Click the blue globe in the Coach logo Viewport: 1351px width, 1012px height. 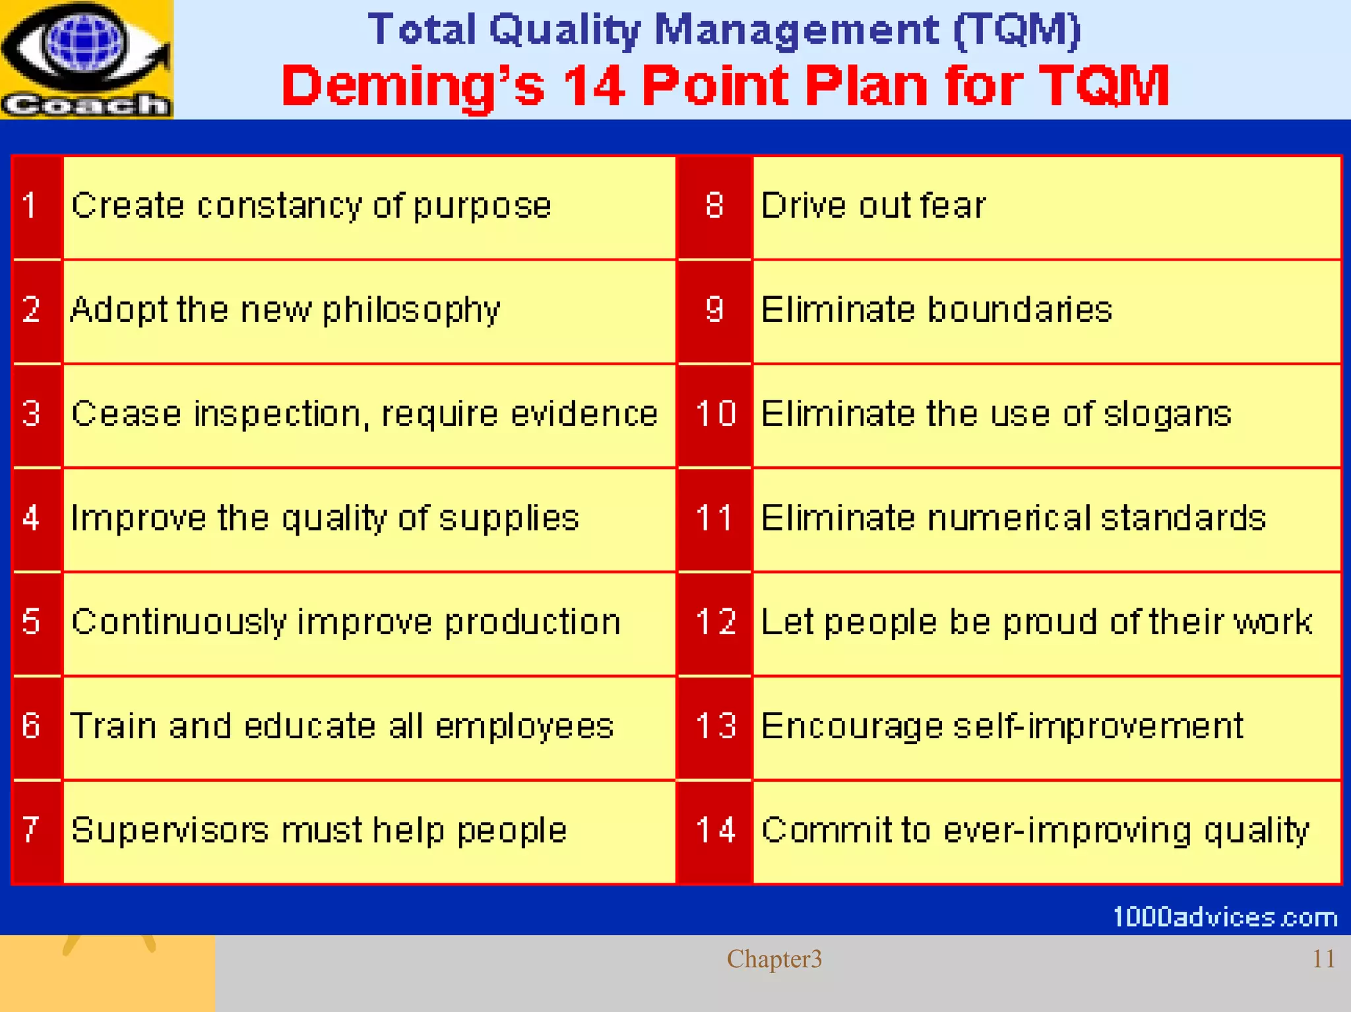84,41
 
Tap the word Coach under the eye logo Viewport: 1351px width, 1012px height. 86,105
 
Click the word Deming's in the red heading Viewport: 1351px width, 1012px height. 413,86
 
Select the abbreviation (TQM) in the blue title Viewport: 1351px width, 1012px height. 1017,30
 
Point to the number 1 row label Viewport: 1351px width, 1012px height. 30,205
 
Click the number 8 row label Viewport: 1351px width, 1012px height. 714,205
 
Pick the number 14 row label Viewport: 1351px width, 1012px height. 715,830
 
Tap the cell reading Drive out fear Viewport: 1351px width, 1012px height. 873,206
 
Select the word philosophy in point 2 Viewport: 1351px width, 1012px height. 411,311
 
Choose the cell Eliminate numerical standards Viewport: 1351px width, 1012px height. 1013,519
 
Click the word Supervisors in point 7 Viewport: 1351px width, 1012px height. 170,831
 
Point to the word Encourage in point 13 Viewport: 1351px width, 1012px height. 852,727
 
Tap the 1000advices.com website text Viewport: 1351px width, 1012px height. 1224,917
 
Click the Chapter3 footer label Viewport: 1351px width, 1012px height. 774,959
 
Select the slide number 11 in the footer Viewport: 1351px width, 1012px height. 1323,959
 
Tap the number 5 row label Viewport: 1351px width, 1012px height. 31,621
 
